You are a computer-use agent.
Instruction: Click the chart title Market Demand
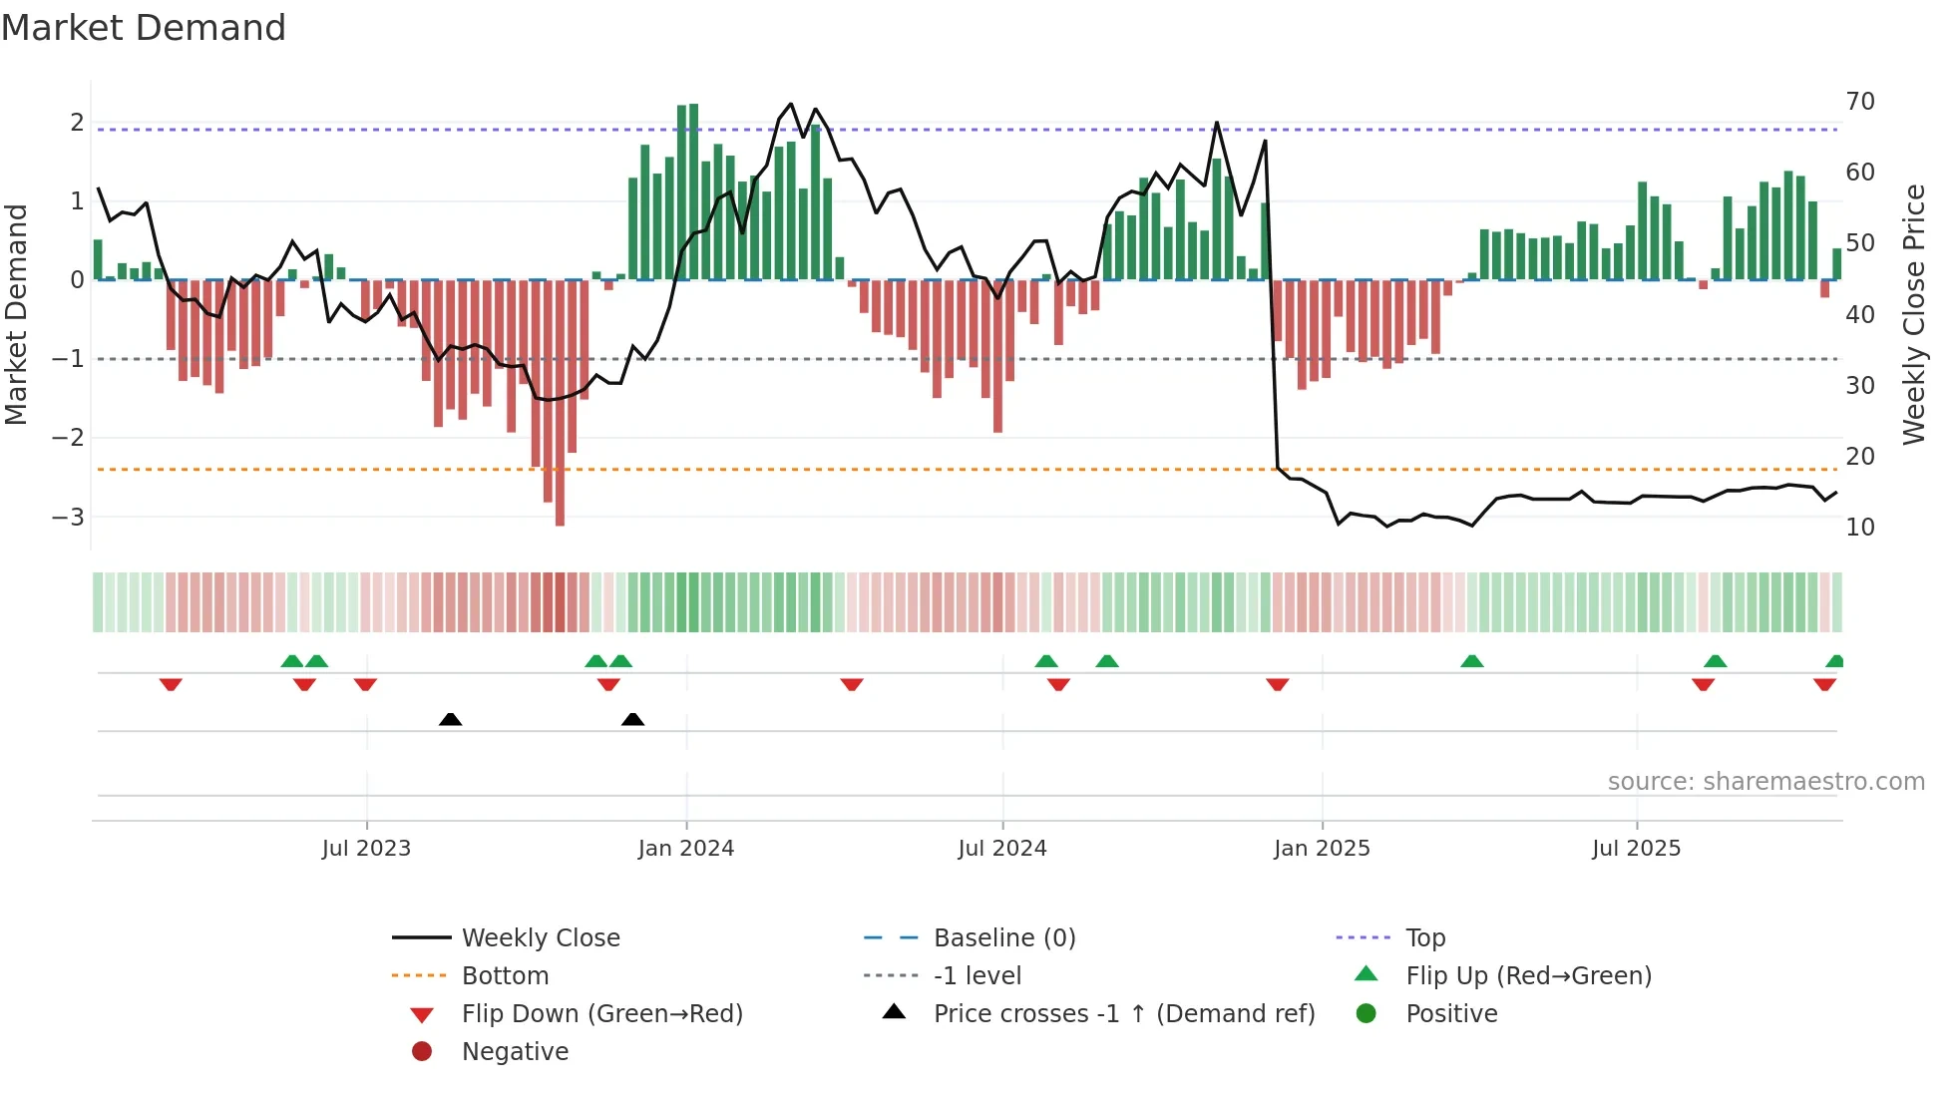pos(144,28)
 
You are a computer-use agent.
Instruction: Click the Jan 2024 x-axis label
pos(685,849)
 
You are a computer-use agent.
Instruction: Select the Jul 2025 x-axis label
pos(1636,849)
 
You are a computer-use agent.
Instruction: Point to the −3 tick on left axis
pos(69,517)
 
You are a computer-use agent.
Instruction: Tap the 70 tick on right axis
pos(1859,102)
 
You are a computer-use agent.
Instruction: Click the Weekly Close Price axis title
pos(1913,314)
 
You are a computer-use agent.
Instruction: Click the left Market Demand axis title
pos(16,314)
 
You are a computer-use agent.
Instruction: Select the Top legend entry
pos(1424,938)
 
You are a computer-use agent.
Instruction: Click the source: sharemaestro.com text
pos(1765,782)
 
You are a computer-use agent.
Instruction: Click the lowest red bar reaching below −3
pos(560,499)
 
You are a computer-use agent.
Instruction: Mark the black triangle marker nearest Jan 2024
pos(632,719)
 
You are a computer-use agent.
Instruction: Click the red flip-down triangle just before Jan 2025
pos(1277,684)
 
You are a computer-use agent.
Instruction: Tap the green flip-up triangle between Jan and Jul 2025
pos(1471,661)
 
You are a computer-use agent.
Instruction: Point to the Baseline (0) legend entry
pos(1003,938)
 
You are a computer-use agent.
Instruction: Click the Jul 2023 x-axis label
pos(366,849)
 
